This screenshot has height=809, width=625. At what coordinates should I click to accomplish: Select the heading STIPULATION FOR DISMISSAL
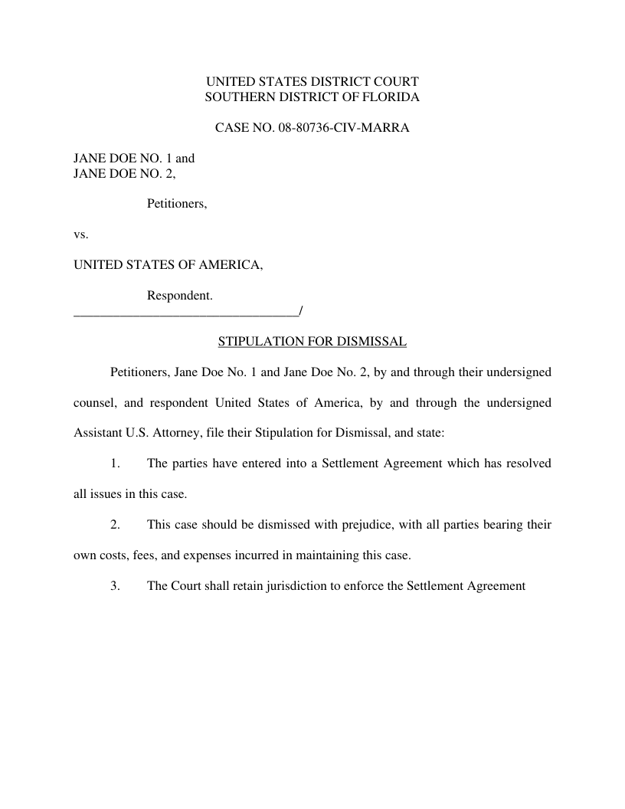(x=312, y=341)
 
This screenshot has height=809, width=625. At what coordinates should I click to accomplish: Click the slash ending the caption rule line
(x=302, y=310)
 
